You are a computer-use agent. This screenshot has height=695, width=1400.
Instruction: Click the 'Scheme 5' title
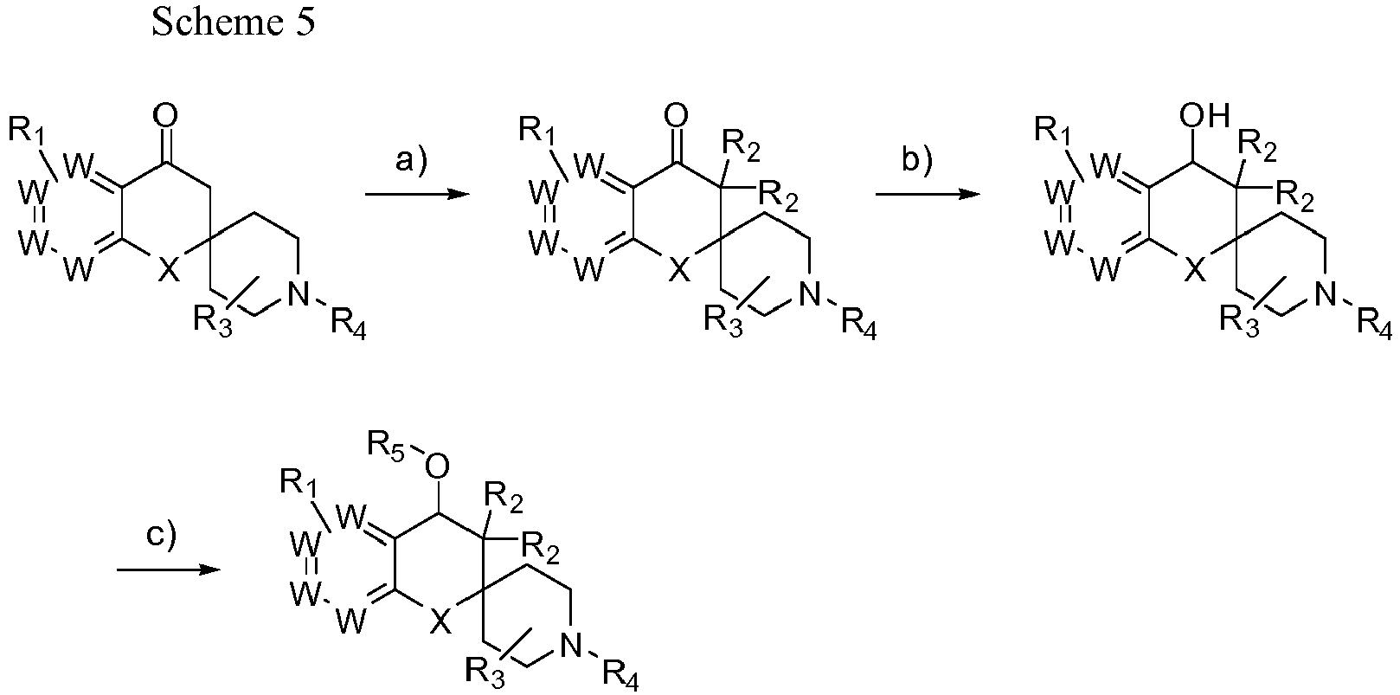point(233,23)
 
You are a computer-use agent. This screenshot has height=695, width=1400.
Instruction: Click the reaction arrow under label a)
point(417,195)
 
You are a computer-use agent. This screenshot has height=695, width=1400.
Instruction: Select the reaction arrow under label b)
point(928,195)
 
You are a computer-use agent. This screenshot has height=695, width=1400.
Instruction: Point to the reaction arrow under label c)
point(168,570)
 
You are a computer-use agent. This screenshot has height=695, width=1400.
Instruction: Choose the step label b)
point(917,160)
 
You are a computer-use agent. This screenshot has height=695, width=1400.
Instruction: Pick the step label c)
point(162,537)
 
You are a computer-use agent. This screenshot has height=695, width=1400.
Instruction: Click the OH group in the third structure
point(1204,116)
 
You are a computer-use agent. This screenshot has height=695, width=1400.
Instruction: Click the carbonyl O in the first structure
point(165,116)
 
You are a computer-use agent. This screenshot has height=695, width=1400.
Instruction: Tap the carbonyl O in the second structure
point(677,116)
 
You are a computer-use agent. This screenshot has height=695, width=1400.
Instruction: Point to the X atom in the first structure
point(168,271)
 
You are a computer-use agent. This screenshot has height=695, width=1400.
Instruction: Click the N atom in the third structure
point(1325,293)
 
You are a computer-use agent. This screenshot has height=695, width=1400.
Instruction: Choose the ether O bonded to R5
point(437,467)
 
